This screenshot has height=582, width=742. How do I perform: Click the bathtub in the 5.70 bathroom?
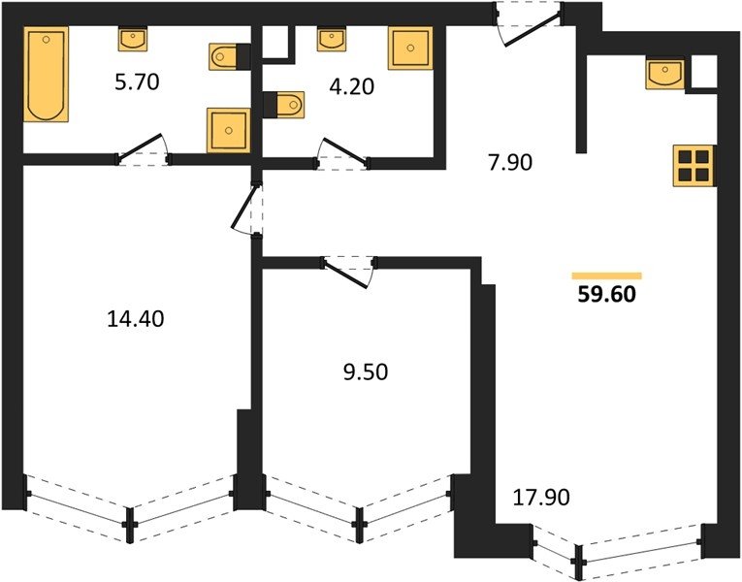[x=46, y=75]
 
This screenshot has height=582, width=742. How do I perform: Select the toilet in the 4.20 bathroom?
[x=283, y=105]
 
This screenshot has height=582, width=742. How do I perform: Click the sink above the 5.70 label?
[x=133, y=39]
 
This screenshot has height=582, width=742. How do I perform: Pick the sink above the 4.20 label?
[x=332, y=39]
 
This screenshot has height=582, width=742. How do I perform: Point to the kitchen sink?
[x=664, y=74]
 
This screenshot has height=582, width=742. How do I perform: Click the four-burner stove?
[x=694, y=165]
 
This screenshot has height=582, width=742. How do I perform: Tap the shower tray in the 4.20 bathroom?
[x=410, y=48]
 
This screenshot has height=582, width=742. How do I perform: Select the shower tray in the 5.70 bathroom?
[x=228, y=130]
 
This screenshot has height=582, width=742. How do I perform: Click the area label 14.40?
[x=136, y=319]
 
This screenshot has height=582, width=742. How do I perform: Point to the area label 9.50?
[x=366, y=372]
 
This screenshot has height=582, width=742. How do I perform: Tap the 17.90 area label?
[x=541, y=498]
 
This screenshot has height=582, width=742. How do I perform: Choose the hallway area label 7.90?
[x=510, y=162]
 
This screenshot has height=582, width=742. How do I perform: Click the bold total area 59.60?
[x=606, y=294]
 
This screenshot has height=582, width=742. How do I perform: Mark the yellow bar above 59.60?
[x=606, y=275]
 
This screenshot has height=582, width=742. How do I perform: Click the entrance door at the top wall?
[x=529, y=24]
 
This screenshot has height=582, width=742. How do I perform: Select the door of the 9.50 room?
[x=349, y=272]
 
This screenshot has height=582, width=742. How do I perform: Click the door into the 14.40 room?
[x=248, y=208]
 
